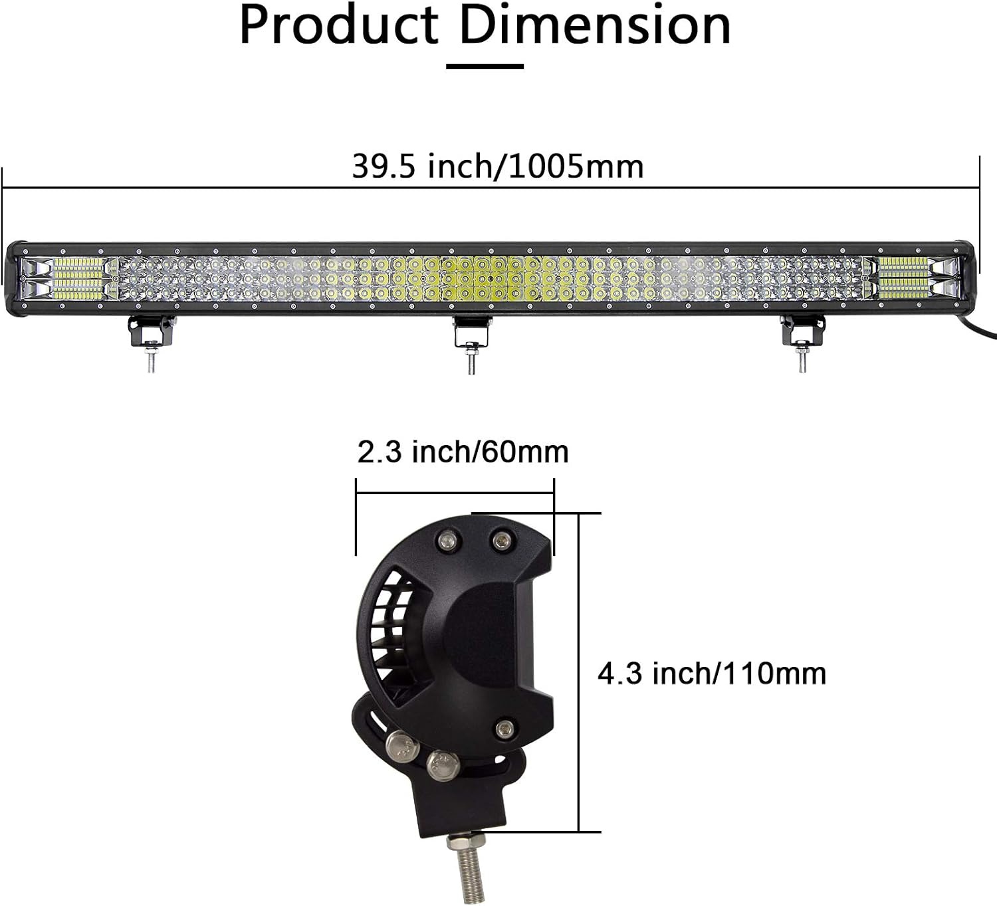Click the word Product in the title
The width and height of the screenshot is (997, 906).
[338, 27]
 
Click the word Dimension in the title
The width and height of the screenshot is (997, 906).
[595, 27]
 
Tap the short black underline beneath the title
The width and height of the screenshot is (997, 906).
[485, 66]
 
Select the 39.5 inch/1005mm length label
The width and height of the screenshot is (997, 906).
[497, 166]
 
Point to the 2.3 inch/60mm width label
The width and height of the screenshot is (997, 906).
[463, 452]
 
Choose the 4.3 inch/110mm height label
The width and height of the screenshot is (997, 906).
[711, 674]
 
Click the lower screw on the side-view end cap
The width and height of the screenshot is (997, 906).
[505, 729]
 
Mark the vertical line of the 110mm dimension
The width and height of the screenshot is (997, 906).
[579, 671]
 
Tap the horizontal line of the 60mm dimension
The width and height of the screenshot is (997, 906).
[455, 492]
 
